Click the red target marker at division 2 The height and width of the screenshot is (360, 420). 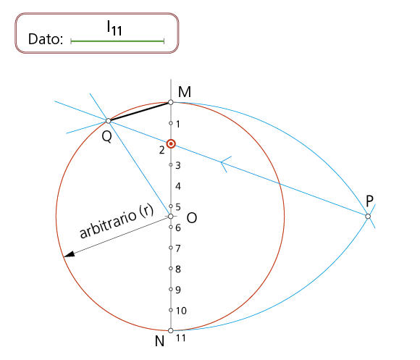[x=171, y=144]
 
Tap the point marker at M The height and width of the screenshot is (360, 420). [x=171, y=102]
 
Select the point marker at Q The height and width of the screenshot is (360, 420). [x=108, y=121]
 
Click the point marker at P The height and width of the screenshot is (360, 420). [x=368, y=216]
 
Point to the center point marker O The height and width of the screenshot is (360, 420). [x=171, y=216]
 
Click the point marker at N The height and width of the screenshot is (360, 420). [x=171, y=330]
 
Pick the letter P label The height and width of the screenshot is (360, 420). [x=369, y=201]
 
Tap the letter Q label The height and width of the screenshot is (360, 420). [x=107, y=137]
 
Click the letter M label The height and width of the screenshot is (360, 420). [x=185, y=92]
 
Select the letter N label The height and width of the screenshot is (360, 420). [x=159, y=341]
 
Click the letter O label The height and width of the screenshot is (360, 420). [x=192, y=218]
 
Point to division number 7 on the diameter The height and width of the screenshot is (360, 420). [x=178, y=248]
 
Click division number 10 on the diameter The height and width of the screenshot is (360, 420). [x=181, y=311]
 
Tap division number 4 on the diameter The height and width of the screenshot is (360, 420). [x=178, y=186]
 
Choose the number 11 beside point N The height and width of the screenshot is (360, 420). [x=181, y=338]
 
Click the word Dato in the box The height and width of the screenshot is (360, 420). [x=46, y=39]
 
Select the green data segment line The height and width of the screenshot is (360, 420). [x=117, y=41]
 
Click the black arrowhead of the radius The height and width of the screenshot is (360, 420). [x=69, y=254]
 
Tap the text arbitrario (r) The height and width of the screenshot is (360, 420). [x=117, y=221]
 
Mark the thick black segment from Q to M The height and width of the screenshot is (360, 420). [x=139, y=112]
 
